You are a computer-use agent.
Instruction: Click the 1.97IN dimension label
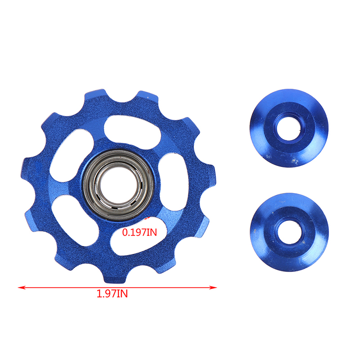pos(112,294)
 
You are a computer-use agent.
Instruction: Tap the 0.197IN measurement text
pos(139,232)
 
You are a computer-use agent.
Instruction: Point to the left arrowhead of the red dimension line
pos(22,287)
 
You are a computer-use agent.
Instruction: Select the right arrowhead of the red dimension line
pos(213,287)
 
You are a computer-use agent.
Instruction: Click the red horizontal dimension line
pos(117,287)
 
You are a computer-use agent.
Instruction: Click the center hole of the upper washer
pos(288,128)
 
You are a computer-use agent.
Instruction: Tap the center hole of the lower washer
pos(289,232)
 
